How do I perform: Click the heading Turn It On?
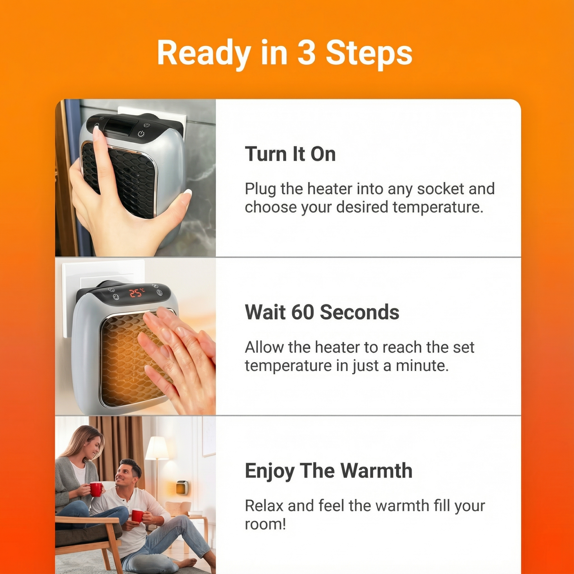coord(290,154)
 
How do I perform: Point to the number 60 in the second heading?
coord(302,312)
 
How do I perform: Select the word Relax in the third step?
coord(264,505)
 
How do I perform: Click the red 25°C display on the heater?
coord(137,292)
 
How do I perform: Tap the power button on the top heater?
coord(141,133)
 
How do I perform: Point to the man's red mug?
coord(137,516)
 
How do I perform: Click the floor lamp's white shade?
coord(157,448)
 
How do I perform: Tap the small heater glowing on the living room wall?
coord(182,488)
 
